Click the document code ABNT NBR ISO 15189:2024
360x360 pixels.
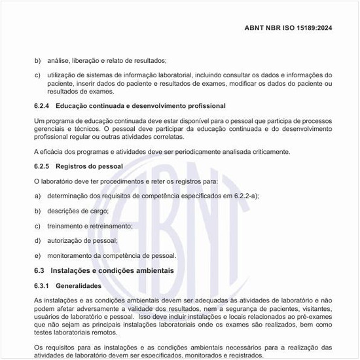[297, 28]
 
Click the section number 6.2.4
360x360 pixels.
[43, 106]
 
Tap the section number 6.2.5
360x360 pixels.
[43, 167]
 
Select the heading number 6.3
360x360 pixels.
[39, 270]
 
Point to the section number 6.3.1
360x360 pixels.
[43, 286]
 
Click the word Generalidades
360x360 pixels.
[79, 286]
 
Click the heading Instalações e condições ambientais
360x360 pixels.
[112, 270]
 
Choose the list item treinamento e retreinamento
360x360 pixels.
[90, 226]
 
